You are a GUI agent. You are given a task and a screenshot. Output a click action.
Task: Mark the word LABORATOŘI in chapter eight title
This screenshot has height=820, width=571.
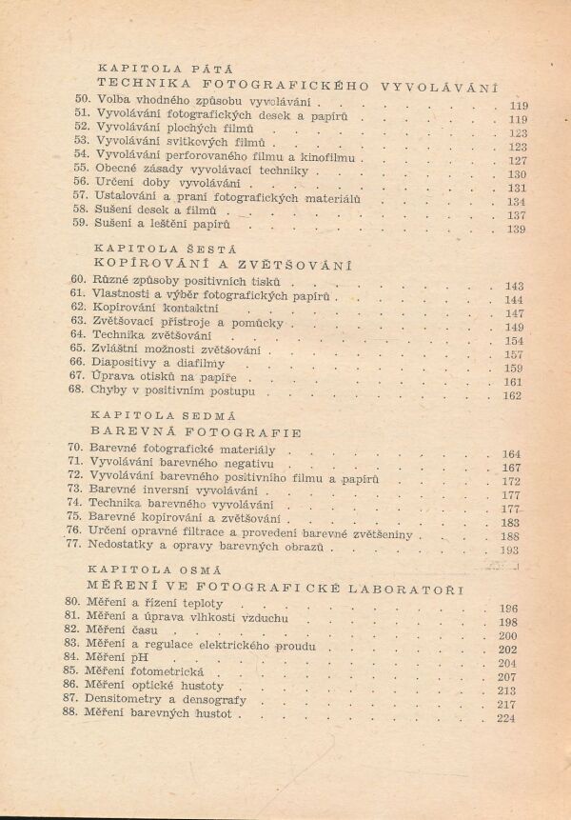point(419,587)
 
